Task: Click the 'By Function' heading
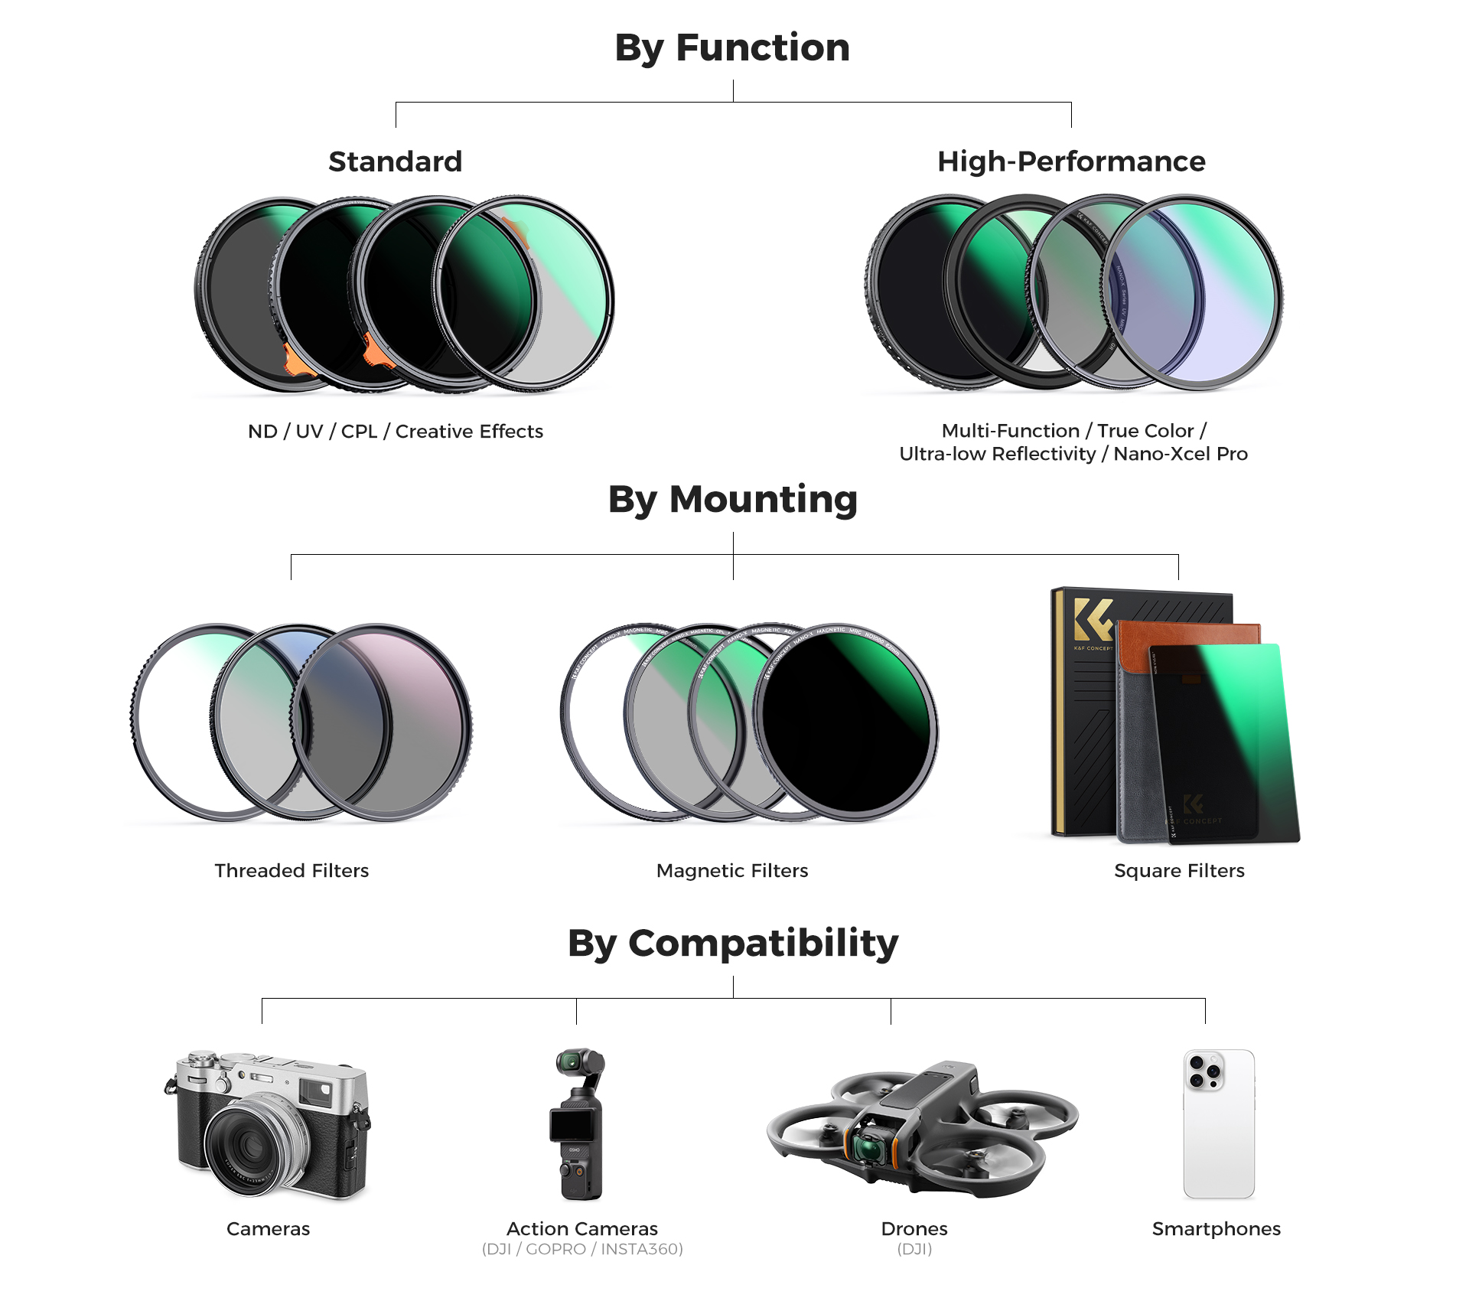pos(732,47)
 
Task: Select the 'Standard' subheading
pos(395,161)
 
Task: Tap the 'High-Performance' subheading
pos(1071,161)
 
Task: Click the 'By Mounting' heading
pos(732,499)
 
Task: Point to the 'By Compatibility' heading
pos(732,943)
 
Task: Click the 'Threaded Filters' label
pos(292,871)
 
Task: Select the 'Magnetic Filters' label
pos(732,871)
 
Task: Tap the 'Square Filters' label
pos(1179,871)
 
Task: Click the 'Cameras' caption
pos(268,1229)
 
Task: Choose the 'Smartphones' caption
pos(1216,1229)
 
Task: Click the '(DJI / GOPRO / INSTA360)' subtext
pos(582,1250)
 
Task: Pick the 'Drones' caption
pos(914,1229)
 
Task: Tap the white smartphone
pos(1219,1133)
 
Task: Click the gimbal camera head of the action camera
pos(570,1061)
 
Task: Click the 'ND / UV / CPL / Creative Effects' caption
pos(395,432)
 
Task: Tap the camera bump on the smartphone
pos(1204,1071)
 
